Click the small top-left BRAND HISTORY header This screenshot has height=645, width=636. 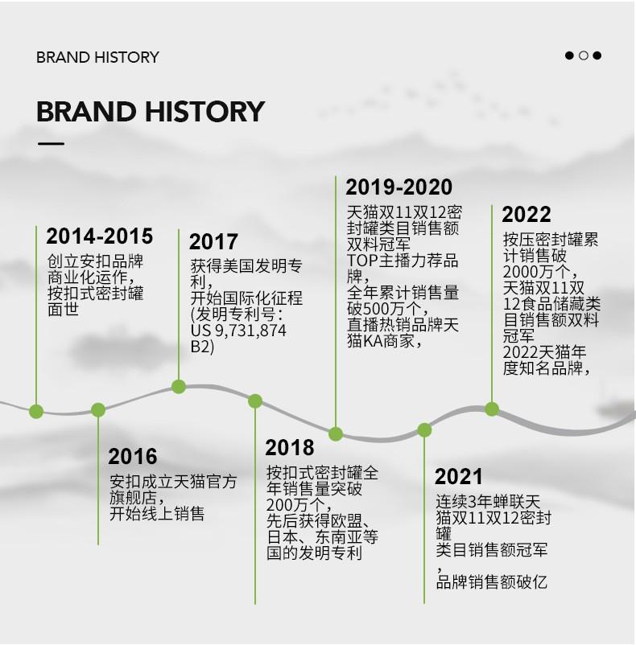point(97,57)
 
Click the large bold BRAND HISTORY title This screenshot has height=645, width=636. point(151,111)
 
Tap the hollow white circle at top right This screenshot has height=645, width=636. point(584,55)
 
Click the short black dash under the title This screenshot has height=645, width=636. point(51,144)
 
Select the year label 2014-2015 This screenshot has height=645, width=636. point(100,236)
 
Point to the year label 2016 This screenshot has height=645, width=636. point(133,456)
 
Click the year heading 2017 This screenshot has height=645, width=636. point(213,241)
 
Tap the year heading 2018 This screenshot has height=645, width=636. point(289,447)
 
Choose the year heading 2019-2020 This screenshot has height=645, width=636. point(399,187)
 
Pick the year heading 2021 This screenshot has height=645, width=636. point(459,476)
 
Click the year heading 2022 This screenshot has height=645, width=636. point(526,214)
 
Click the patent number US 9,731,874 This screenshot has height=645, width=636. point(238,331)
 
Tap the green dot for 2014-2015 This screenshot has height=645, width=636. point(36,411)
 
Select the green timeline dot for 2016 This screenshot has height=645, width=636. point(98,409)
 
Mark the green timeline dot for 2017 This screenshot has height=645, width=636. point(178,387)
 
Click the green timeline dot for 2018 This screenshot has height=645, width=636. point(255,401)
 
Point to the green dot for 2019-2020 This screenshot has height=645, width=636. point(336,433)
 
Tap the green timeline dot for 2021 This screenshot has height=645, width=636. point(424,429)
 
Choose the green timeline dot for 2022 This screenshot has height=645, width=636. point(492,409)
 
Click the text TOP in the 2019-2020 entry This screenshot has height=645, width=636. point(362,261)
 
